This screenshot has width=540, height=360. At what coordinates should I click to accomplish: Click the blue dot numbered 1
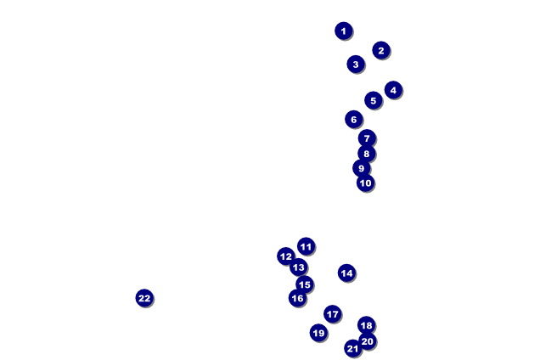(343, 31)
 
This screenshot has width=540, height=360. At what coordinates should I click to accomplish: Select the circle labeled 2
(380, 51)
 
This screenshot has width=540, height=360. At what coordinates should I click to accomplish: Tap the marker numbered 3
(356, 65)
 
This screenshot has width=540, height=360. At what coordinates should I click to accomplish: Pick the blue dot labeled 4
(392, 90)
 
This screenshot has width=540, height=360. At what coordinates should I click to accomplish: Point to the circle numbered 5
(373, 101)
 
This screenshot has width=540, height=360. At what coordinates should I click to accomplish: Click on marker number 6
(354, 120)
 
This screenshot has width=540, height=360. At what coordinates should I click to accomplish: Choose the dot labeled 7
(367, 138)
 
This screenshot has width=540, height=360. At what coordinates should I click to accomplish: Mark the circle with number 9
(361, 168)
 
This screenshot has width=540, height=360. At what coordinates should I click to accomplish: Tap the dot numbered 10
(365, 183)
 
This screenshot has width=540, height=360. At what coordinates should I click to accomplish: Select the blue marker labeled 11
(306, 247)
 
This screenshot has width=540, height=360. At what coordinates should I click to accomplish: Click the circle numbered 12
(286, 256)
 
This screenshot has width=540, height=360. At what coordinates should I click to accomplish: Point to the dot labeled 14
(346, 273)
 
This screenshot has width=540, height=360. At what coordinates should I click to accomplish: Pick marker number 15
(304, 285)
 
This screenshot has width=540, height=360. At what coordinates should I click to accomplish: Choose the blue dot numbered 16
(297, 298)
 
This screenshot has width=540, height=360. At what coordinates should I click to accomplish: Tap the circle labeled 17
(332, 314)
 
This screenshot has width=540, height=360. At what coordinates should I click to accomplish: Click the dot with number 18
(366, 325)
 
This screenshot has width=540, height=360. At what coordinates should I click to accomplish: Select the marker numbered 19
(318, 333)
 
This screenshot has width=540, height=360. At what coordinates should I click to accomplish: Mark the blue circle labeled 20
(367, 341)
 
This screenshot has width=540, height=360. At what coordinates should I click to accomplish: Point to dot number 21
(352, 348)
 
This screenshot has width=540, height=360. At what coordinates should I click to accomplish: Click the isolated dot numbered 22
(144, 298)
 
